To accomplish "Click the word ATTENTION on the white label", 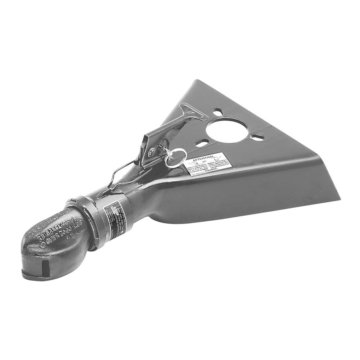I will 203,158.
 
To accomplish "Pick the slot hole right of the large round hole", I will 258,137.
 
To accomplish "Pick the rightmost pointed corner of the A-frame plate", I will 339,198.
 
